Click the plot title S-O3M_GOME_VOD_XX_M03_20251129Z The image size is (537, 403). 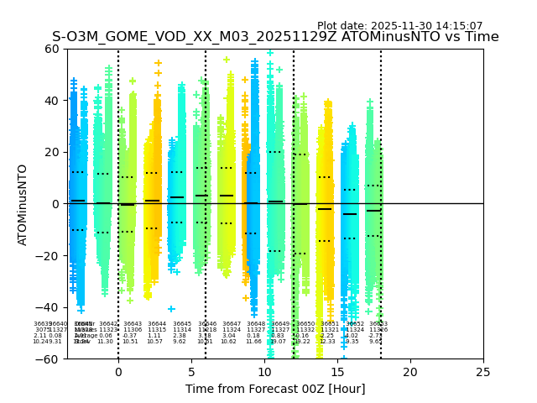tap(275, 37)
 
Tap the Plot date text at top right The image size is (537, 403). tap(399, 26)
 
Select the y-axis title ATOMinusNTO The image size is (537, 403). tap(23, 204)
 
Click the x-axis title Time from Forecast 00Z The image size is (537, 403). tap(275, 389)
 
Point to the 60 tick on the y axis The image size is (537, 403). tap(52, 49)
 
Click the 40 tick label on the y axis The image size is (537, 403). tap(52, 101)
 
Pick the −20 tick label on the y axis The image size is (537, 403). tap(49, 256)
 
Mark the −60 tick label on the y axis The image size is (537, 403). tap(49, 359)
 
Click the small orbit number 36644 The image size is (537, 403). tap(157, 324)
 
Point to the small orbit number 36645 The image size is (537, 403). tap(182, 324)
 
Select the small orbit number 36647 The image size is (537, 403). tap(232, 324)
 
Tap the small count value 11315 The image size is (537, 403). tap(157, 330)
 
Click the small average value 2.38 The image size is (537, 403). tap(180, 336)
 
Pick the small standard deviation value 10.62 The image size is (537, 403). tap(228, 342)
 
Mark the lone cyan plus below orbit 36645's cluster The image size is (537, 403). tap(171, 309)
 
